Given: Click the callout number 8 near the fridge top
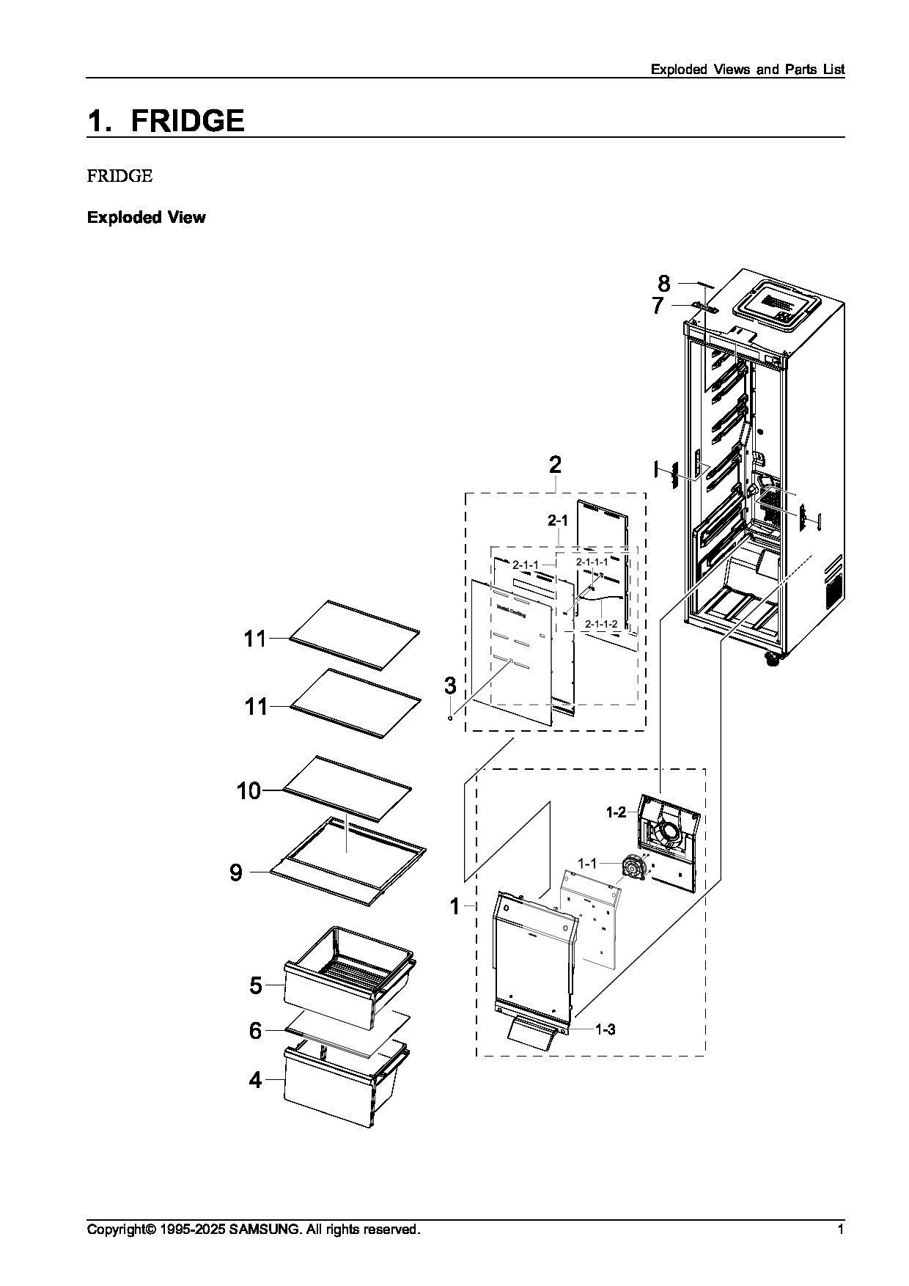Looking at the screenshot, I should [x=663, y=284].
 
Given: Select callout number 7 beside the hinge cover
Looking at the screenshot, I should [x=658, y=306].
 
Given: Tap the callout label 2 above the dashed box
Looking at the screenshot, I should [x=555, y=465].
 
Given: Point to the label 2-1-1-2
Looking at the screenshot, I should [x=601, y=623].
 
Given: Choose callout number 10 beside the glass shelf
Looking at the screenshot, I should [x=249, y=791].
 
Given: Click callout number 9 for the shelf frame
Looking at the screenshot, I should [x=236, y=872].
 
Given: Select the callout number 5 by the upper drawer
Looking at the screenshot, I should [x=255, y=985].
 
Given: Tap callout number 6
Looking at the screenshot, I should [x=255, y=1031].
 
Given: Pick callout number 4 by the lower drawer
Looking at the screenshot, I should [x=255, y=1080].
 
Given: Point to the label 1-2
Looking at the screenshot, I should [x=616, y=812].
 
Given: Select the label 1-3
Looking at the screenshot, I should [x=605, y=1029].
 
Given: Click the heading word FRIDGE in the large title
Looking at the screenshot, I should [x=188, y=121].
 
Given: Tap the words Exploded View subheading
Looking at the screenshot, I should [x=147, y=218].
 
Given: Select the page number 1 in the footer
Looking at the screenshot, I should [x=841, y=1229].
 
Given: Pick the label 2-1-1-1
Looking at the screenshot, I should [x=592, y=562].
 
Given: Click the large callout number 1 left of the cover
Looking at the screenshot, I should [x=454, y=907].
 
